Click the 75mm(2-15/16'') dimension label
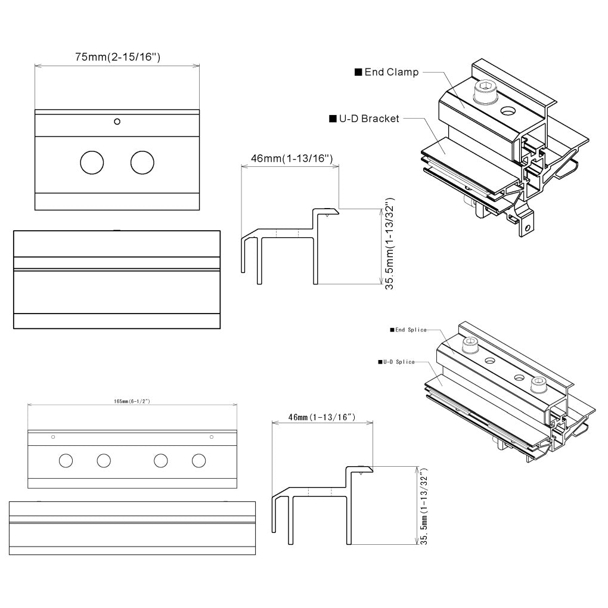tap(117, 57)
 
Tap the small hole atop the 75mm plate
tap(117, 122)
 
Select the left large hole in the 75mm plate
tap(92, 163)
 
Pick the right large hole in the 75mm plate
tap(142, 163)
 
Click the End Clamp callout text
tap(392, 72)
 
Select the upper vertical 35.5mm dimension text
tap(389, 244)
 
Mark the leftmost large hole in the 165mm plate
tap(66, 460)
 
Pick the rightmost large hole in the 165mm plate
tap(198, 460)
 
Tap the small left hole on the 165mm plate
tap(54, 437)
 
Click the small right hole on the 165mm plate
tap(211, 437)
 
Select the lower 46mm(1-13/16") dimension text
tap(322, 418)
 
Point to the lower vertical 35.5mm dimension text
tap(424, 505)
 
